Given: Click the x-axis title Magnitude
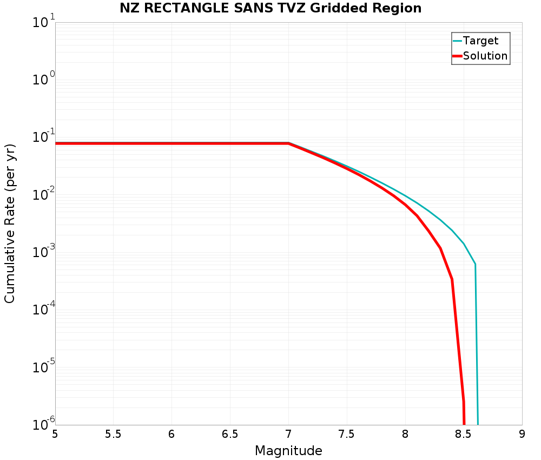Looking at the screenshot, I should tap(288, 450).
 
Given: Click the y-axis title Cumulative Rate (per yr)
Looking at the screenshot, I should tap(10, 224).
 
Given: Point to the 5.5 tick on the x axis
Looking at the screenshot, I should tap(113, 434).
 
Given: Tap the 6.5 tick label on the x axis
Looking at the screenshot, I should tap(230, 434).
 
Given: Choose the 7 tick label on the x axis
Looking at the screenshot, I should tap(288, 434).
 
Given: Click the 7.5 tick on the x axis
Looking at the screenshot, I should tap(347, 434).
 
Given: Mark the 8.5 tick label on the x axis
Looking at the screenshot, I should tap(464, 434).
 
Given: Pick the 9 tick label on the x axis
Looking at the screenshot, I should tap(522, 434).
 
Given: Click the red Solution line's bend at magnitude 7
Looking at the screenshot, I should tap(288, 143).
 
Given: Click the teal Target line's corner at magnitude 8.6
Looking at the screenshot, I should tap(475, 264).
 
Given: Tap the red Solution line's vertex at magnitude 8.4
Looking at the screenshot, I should tap(452, 279).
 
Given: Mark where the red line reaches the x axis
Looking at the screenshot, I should tap(464, 424).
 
